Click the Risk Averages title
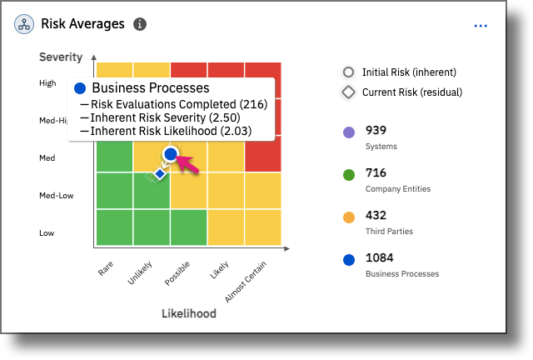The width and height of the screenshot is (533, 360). pyautogui.click(x=82, y=24)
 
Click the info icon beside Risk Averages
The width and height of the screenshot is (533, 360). pyautogui.click(x=140, y=24)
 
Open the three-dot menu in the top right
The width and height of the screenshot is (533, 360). pyautogui.click(x=481, y=26)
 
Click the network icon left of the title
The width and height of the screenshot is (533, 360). pyautogui.click(x=24, y=24)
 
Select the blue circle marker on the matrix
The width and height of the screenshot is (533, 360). pyautogui.click(x=171, y=154)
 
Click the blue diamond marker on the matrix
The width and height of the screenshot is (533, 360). pyautogui.click(x=159, y=174)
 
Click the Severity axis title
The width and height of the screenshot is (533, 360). pyautogui.click(x=61, y=57)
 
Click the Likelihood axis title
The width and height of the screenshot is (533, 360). pyautogui.click(x=188, y=313)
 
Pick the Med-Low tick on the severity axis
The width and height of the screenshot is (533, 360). pyautogui.click(x=57, y=196)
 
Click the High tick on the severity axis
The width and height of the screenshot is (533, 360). pyautogui.click(x=47, y=83)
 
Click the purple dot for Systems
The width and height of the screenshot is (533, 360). pyautogui.click(x=349, y=132)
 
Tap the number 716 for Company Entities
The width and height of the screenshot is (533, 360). pyautogui.click(x=376, y=173)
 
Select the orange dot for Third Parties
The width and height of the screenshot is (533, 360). pyautogui.click(x=349, y=217)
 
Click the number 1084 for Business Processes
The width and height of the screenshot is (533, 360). pyautogui.click(x=380, y=258)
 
